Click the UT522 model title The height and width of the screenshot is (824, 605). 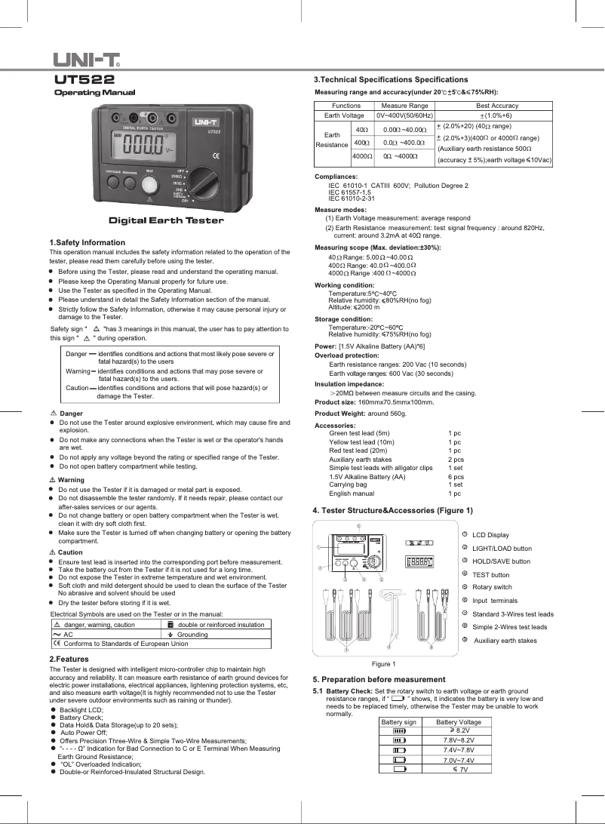[84, 79]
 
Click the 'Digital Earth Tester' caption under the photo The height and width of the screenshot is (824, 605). [166, 220]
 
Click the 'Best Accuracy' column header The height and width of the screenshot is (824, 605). [497, 106]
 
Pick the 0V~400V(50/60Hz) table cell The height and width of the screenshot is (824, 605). [404, 115]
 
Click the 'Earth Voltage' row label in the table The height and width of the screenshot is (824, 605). [344, 115]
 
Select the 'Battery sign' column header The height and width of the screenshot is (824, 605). [399, 721]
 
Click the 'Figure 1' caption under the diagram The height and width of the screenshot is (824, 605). [384, 663]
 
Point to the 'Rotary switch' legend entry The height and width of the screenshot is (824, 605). [492, 587]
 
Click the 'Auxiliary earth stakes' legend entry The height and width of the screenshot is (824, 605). [505, 641]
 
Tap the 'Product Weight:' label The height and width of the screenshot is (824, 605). [339, 414]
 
